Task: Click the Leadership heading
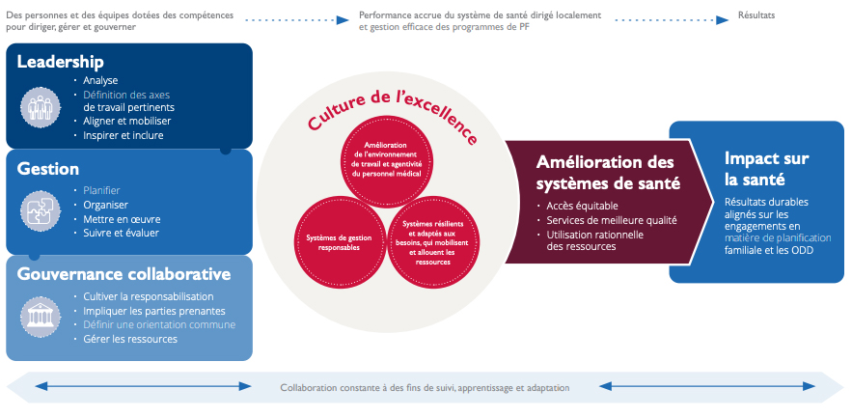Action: (60, 63)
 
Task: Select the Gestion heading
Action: (48, 169)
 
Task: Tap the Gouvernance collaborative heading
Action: (124, 274)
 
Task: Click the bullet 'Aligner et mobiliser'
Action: (126, 122)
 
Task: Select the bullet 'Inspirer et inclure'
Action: (123, 135)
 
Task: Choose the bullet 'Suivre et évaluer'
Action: (121, 233)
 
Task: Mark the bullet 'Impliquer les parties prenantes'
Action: (153, 311)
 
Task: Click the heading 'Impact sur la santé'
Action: (766, 169)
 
